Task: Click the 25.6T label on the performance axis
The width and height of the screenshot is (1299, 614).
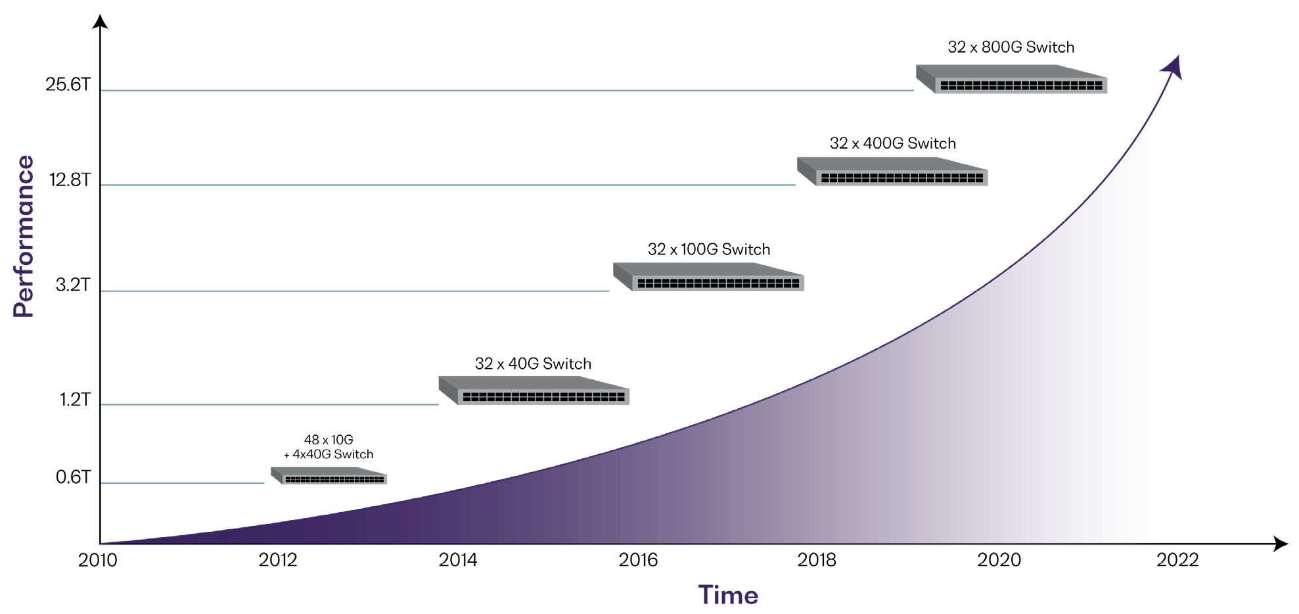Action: tap(68, 85)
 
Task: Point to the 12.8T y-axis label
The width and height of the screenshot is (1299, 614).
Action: tap(70, 180)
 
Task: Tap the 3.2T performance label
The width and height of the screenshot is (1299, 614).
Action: tap(72, 285)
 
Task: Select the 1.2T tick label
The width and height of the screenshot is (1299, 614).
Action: tap(74, 400)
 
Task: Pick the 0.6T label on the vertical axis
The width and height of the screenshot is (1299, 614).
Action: tap(73, 477)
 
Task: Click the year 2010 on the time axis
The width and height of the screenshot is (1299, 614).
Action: tap(97, 560)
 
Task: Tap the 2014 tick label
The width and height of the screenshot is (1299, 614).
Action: tap(458, 560)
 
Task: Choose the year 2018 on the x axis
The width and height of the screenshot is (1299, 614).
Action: tap(817, 560)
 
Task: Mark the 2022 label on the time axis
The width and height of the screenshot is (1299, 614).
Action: tap(1177, 560)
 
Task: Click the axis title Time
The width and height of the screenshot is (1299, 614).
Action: tap(728, 596)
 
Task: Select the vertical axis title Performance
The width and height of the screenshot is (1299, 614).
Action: tap(24, 237)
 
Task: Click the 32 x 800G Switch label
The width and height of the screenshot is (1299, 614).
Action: tap(1011, 47)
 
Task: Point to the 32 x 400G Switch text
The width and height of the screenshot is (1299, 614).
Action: tap(892, 143)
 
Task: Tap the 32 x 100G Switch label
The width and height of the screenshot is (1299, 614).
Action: tap(708, 250)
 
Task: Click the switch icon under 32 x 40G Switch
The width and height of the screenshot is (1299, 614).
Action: tap(534, 390)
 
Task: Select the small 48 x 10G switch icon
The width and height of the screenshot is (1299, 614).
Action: tap(329, 475)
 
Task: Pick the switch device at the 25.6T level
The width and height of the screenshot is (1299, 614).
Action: tap(1012, 79)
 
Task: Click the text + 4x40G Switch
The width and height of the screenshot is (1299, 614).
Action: tap(329, 454)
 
